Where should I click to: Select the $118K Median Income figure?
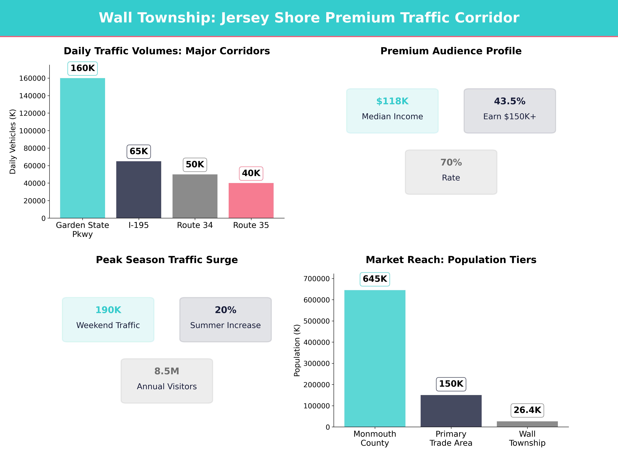tap(392, 101)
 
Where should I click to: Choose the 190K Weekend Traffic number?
tap(108, 310)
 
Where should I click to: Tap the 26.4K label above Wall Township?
tap(527, 410)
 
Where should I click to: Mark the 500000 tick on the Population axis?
tap(317, 321)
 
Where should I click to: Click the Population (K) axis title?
tap(297, 350)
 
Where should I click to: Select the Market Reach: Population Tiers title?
tap(451, 260)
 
